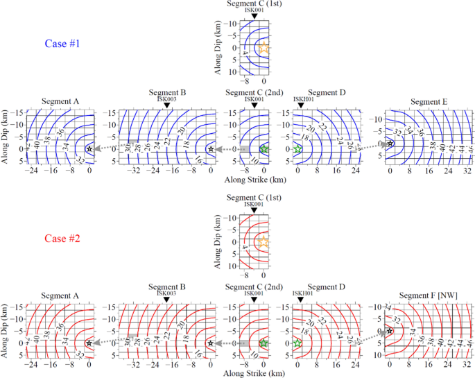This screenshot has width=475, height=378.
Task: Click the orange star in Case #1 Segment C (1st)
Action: [263, 48]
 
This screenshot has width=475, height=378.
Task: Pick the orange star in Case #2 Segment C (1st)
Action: [263, 242]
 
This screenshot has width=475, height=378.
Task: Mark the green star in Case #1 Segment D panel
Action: [298, 149]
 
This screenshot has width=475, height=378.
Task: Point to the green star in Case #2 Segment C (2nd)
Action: [264, 343]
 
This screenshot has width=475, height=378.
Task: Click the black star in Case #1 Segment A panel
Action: [89, 149]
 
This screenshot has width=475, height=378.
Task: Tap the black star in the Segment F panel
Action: [390, 331]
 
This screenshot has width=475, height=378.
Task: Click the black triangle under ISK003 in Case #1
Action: [166, 105]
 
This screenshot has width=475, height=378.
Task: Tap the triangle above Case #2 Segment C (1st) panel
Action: [254, 209]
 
